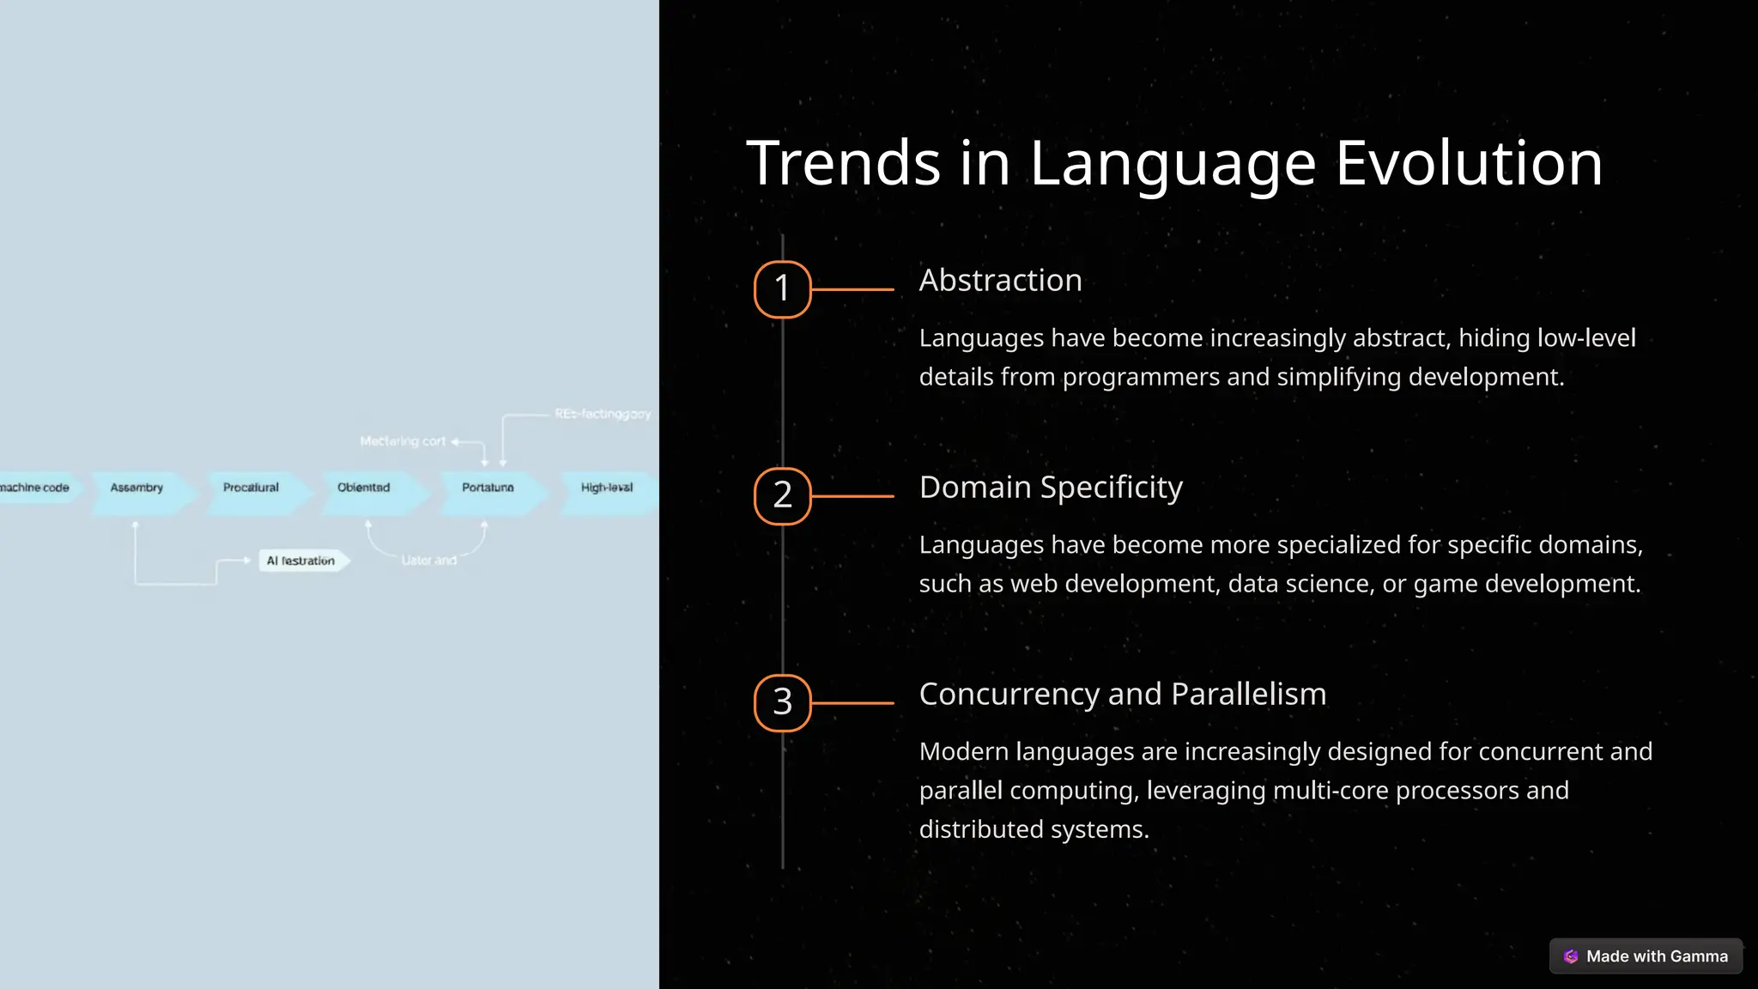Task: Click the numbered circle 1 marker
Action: [782, 289]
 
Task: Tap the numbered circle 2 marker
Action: [782, 496]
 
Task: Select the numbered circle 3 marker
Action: [782, 703]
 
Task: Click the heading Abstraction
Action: [1000, 281]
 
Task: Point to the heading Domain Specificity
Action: [1051, 488]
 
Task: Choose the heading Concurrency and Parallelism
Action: [1122, 695]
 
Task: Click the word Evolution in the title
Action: [1469, 163]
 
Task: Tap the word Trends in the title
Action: [844, 163]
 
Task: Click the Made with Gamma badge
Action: [1646, 956]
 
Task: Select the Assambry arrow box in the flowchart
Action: [137, 488]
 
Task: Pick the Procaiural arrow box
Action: [252, 488]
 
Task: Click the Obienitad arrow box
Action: [365, 488]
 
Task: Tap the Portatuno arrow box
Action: [488, 488]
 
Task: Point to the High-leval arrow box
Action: [607, 488]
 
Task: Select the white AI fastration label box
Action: [301, 561]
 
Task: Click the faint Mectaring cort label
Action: [403, 441]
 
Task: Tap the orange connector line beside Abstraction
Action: [852, 290]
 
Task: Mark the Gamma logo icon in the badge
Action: [1571, 956]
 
